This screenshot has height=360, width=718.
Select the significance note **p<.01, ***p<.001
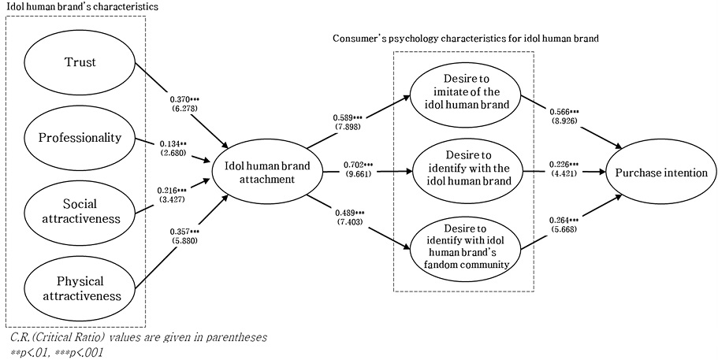pyautogui.click(x=55, y=351)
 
